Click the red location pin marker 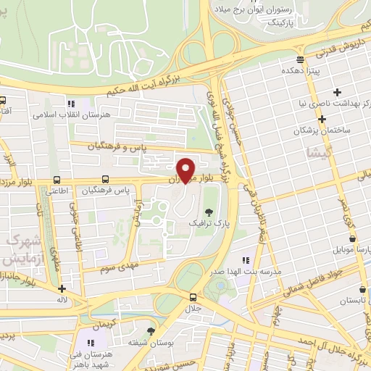pos(186,170)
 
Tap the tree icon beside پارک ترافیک pos(209,212)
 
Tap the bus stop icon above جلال pos(193,296)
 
